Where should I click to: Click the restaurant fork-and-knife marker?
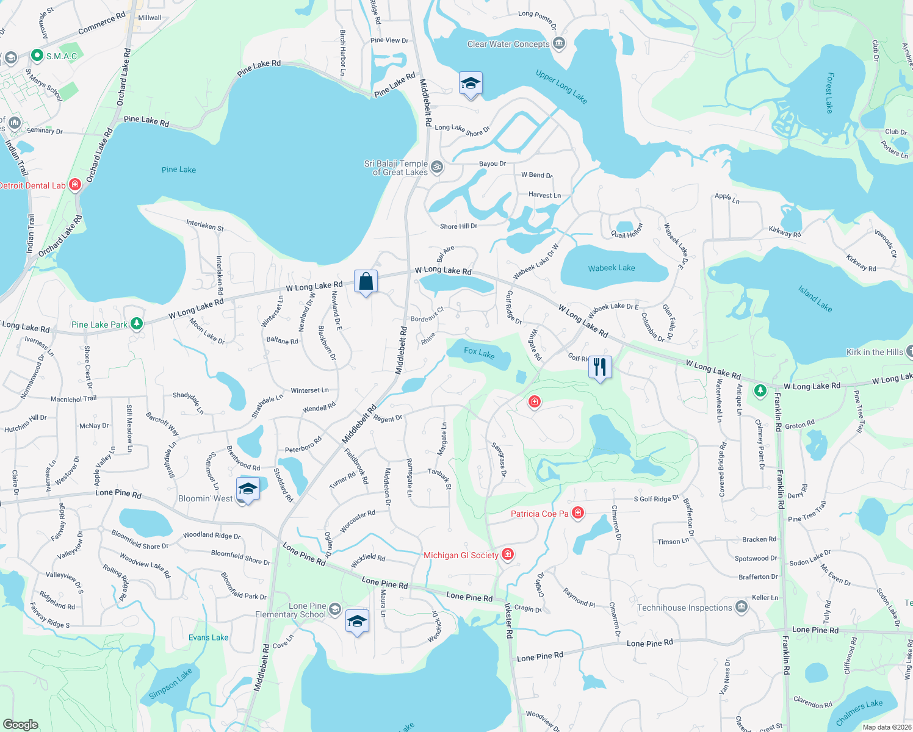coord(600,367)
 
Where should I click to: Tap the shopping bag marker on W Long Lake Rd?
coord(366,281)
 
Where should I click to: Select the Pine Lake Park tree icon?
coord(137,324)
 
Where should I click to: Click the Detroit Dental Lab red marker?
coord(75,184)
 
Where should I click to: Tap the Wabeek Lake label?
coord(612,268)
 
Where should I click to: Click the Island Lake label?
coord(815,298)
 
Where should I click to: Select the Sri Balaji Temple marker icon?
coord(437,167)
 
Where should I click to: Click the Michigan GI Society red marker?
coord(508,554)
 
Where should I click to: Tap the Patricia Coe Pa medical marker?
coord(578,512)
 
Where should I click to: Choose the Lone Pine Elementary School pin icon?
coord(335,608)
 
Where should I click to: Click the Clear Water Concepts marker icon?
coord(559,43)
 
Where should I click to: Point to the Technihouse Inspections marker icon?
coord(742,607)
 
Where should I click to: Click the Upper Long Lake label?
coord(561,87)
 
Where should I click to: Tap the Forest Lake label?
coord(829,93)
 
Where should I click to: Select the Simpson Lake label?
coord(170,683)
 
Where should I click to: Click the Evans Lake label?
coord(208,637)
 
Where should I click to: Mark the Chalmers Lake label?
coord(859,712)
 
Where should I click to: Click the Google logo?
coord(21,724)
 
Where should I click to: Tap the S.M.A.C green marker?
coord(37,56)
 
